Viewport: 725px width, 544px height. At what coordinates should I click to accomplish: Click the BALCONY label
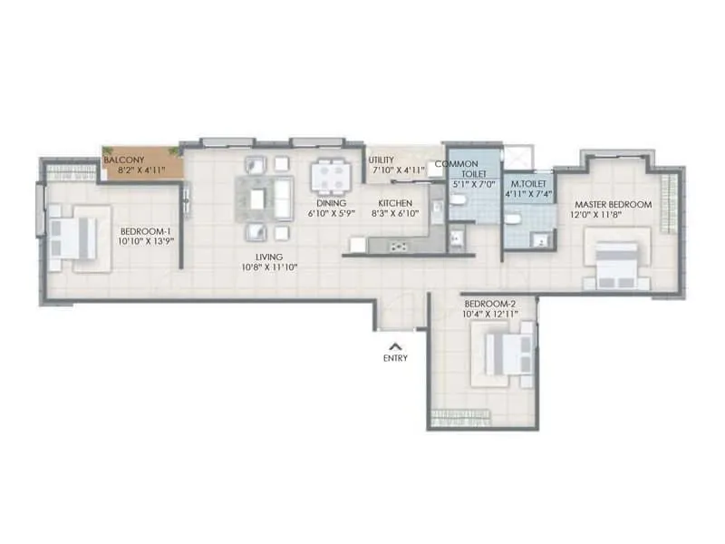121,159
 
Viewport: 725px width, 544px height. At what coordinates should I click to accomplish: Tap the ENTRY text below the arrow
394,358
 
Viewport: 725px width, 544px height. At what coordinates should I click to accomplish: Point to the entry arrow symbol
394,345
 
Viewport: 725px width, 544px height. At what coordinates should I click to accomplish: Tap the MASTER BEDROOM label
613,205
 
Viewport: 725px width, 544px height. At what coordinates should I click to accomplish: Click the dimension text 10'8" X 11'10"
269,267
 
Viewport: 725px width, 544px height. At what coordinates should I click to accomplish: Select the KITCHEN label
395,203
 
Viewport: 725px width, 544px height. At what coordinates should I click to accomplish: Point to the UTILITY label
381,160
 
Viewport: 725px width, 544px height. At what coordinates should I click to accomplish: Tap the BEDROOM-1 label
146,232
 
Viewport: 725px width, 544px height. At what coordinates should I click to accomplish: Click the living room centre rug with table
265,197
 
